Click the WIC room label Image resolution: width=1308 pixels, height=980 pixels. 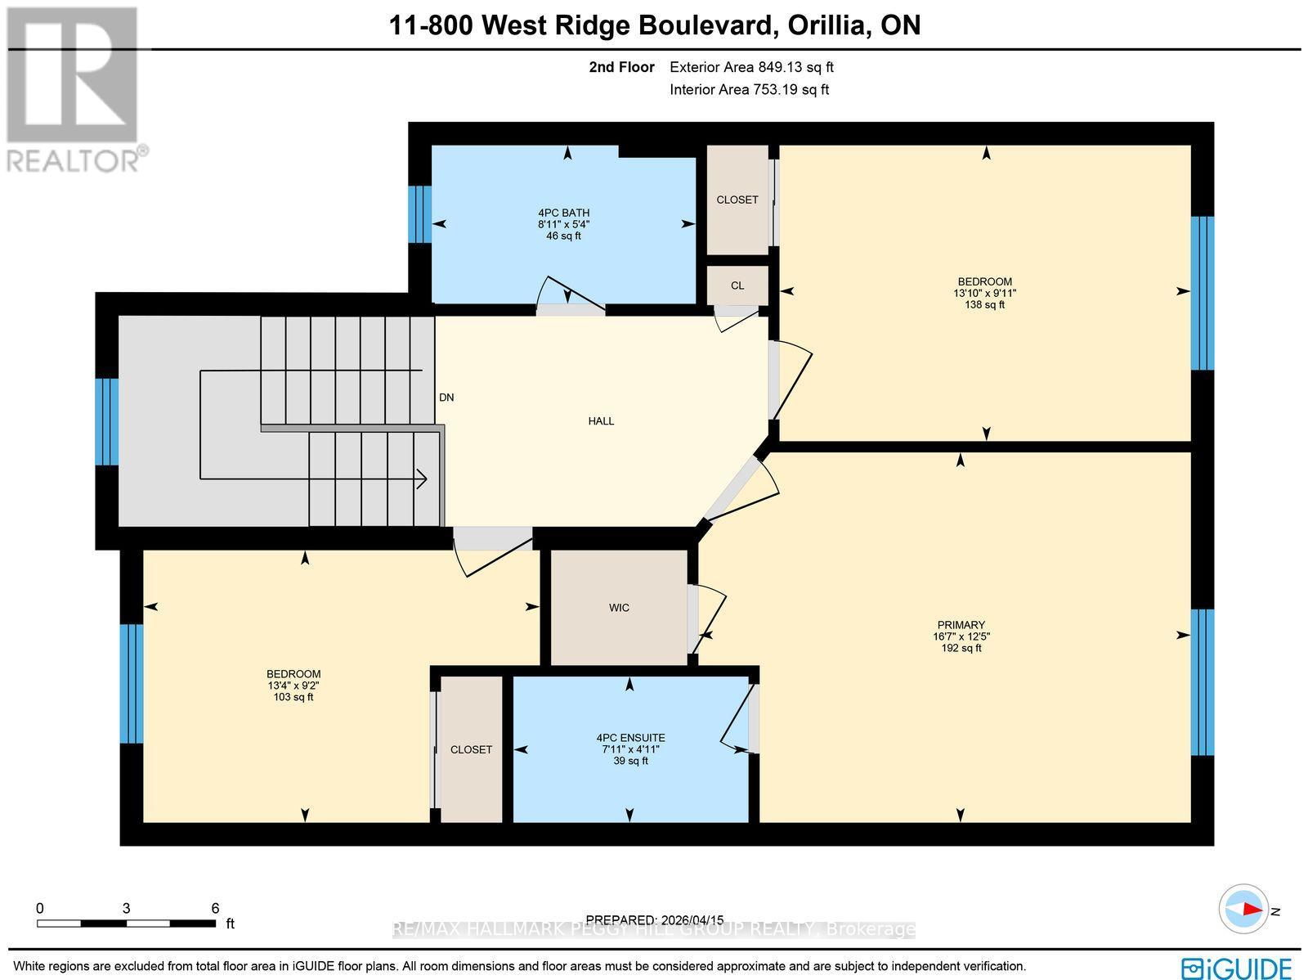click(x=619, y=608)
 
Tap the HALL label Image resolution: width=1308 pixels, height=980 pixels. click(x=601, y=421)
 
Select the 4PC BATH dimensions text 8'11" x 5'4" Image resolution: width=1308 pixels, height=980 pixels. click(x=563, y=224)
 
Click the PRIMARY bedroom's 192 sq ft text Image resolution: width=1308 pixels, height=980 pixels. click(x=961, y=648)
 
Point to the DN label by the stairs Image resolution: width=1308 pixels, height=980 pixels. click(x=446, y=398)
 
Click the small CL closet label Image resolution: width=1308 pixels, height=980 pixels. click(x=737, y=285)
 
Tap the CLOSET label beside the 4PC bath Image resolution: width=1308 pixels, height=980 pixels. click(x=737, y=200)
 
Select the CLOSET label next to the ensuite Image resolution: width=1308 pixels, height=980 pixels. click(x=471, y=749)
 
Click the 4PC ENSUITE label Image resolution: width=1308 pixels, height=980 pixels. click(x=630, y=738)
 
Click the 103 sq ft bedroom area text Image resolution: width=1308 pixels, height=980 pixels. click(x=293, y=697)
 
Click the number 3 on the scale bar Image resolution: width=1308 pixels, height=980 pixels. click(x=126, y=908)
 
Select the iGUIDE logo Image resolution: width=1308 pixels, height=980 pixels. click(x=1236, y=969)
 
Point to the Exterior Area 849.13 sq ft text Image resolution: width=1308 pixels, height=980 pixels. click(x=751, y=68)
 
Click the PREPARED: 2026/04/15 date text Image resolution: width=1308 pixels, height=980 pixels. click(x=655, y=919)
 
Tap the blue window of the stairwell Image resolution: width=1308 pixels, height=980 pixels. click(x=107, y=421)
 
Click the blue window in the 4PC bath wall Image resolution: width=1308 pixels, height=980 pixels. click(x=419, y=214)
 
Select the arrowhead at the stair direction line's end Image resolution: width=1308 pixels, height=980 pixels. click(x=423, y=479)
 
